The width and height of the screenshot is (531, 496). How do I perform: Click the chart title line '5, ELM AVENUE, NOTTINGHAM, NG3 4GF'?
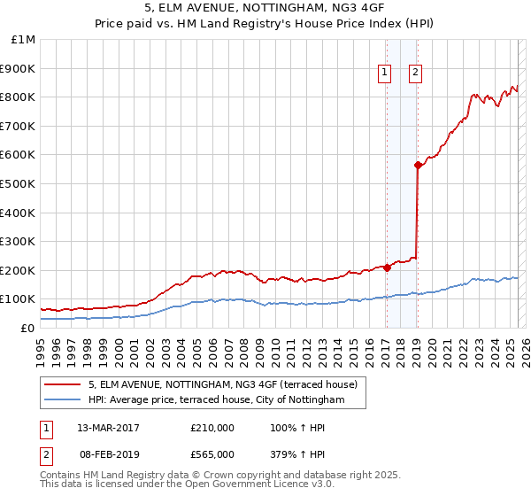(265, 11)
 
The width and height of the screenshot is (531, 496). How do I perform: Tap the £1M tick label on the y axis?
(24, 40)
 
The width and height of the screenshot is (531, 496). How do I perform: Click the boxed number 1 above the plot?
(386, 74)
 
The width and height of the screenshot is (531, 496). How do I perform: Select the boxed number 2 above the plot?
(415, 74)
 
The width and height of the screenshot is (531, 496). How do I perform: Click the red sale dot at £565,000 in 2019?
(417, 165)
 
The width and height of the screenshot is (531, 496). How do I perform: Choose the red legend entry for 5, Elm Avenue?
(222, 384)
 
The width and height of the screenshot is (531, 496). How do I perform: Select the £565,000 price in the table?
(212, 454)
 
